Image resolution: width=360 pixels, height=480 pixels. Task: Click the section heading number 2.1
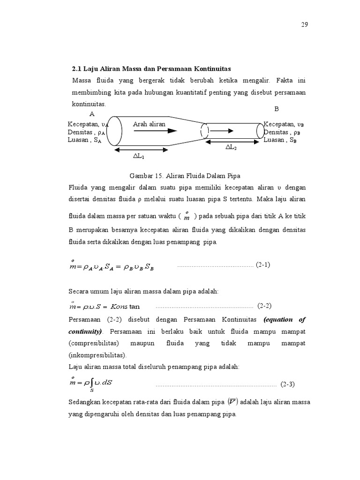pyautogui.click(x=77, y=69)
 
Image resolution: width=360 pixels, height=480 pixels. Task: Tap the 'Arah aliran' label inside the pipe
pyautogui.click(x=149, y=124)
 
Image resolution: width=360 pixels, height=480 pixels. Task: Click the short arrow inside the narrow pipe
pyautogui.click(x=225, y=131)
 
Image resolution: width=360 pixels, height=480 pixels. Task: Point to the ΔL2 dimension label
pyautogui.click(x=232, y=147)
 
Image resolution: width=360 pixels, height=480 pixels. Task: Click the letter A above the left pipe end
pyautogui.click(x=92, y=114)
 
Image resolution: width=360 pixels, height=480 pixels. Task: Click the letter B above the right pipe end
pyautogui.click(x=277, y=109)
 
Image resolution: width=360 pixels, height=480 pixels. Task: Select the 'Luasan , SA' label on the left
pyautogui.click(x=85, y=140)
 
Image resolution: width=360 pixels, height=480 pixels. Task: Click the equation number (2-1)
pyautogui.click(x=263, y=265)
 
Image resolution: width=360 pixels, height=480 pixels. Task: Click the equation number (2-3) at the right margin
pyautogui.click(x=287, y=385)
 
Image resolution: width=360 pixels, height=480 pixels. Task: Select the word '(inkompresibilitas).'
pyautogui.click(x=97, y=355)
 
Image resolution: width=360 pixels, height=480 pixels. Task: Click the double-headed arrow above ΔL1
pyautogui.click(x=141, y=150)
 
